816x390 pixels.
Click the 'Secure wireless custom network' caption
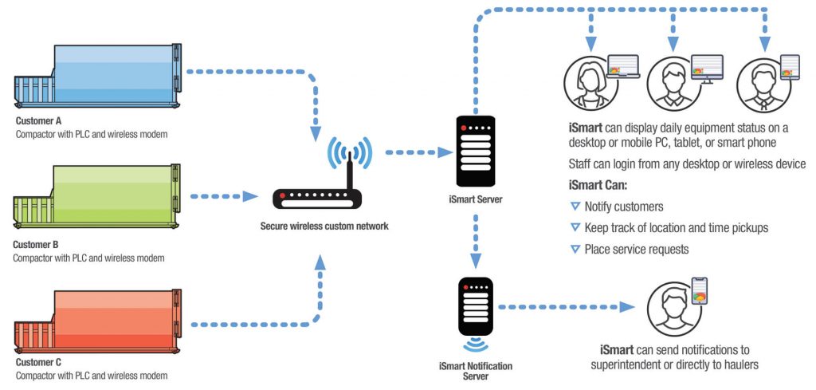click(324, 227)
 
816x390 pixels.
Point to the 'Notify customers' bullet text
click(624, 207)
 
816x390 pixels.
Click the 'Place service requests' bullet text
click(636, 249)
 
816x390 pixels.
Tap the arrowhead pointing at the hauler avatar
click(629, 306)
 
